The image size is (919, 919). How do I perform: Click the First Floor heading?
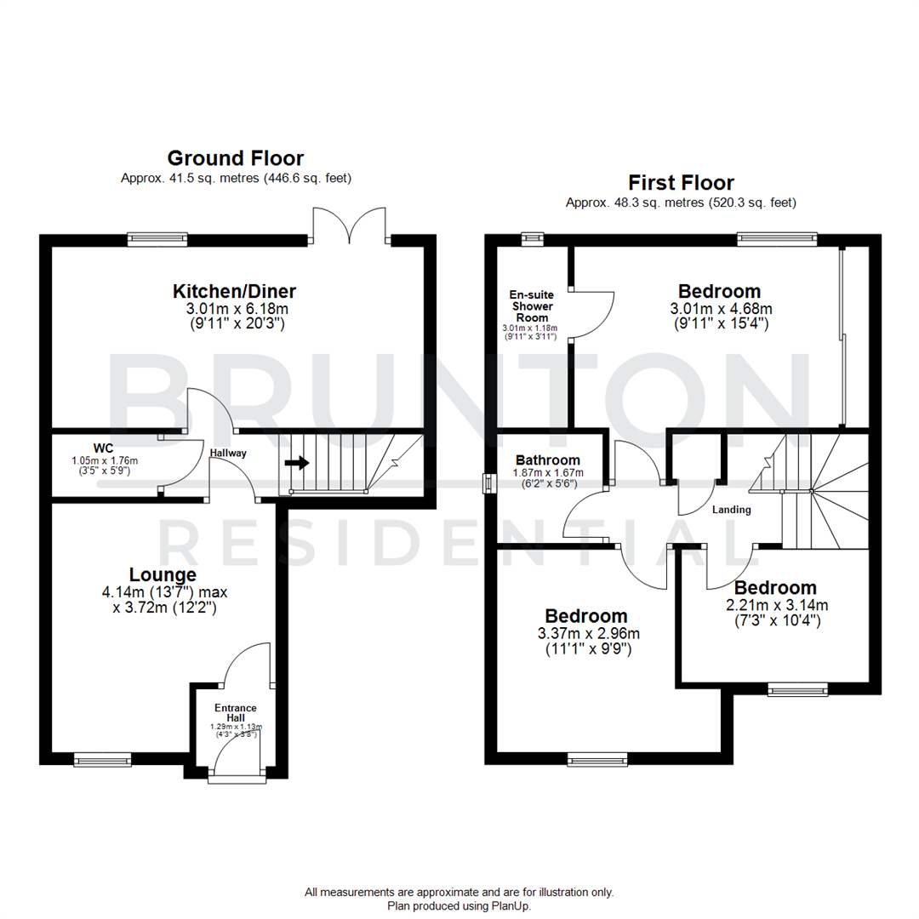681,182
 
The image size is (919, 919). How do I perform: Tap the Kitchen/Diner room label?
235,291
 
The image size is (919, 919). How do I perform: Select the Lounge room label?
163,574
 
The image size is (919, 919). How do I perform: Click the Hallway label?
229,454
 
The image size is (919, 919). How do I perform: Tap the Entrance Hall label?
236,713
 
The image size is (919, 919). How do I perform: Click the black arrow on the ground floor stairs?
297,463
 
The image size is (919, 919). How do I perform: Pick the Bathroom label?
549,460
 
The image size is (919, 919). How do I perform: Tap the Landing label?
732,510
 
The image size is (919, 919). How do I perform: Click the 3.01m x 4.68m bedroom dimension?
719,308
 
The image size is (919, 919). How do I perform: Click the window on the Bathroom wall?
488,483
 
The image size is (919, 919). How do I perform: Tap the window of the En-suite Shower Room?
533,239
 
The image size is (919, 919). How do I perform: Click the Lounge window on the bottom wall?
102,758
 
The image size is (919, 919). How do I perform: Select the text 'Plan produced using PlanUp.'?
459,906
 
